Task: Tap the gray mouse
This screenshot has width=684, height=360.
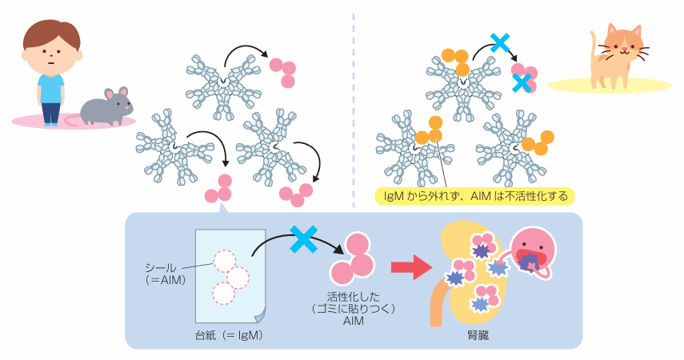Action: (106, 107)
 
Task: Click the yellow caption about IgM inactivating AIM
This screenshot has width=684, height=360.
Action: (475, 196)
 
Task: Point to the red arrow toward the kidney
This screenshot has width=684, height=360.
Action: (410, 266)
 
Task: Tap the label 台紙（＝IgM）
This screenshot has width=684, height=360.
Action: (229, 335)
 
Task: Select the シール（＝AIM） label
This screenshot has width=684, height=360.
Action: (165, 274)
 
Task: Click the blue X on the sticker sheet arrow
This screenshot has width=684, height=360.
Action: (304, 239)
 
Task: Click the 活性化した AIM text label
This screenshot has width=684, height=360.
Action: (354, 309)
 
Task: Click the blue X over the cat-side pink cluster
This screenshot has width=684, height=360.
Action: (522, 82)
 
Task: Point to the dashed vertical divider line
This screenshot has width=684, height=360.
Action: (354, 110)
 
